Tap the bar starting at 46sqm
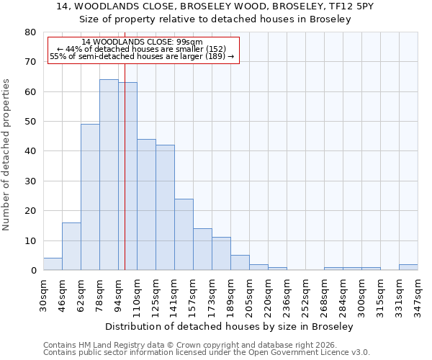tap(71, 246)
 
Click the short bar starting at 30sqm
tap(53, 264)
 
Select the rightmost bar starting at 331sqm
tap(408, 267)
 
